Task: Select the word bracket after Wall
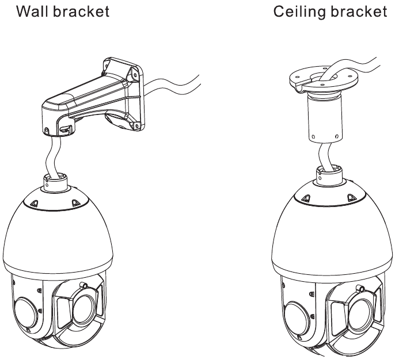(x=84, y=12)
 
